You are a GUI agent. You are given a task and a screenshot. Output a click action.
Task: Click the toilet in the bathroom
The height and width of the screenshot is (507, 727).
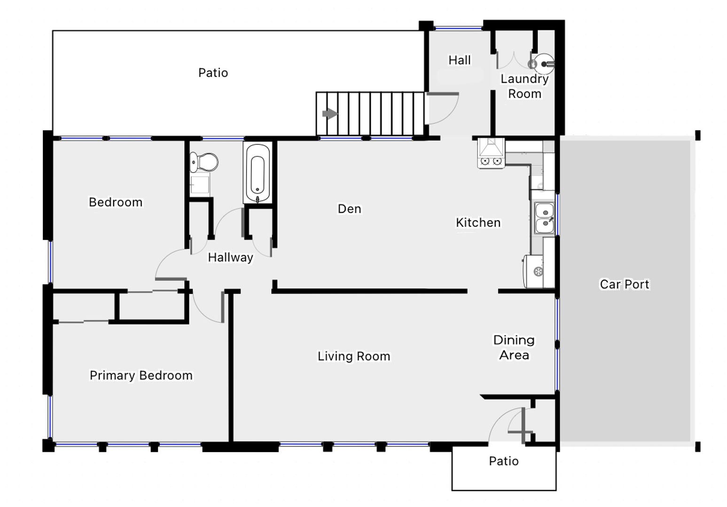pos(204,162)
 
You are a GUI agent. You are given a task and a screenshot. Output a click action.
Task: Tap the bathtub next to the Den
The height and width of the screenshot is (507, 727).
pos(258,173)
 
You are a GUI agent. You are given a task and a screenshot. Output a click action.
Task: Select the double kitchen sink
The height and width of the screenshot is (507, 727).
pos(544,217)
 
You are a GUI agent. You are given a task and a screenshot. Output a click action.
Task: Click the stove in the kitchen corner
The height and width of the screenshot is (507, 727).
pos(491,153)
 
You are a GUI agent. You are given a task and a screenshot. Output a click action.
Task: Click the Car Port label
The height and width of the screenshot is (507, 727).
pos(625,284)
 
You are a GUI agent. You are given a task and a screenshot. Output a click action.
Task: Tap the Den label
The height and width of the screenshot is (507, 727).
pos(349,209)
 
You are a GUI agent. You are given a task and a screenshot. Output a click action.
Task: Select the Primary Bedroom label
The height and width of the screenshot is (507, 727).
pos(141,376)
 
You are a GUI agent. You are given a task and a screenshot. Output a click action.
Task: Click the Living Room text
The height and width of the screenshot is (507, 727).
pos(354,356)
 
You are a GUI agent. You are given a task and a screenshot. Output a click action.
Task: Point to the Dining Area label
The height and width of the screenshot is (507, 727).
pos(514,347)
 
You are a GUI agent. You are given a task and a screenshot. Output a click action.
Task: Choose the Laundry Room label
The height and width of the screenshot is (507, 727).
pos(524,86)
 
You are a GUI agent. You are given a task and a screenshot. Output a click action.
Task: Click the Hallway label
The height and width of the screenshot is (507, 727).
pos(230,258)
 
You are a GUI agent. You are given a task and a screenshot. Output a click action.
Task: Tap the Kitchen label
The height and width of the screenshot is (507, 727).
pos(478,223)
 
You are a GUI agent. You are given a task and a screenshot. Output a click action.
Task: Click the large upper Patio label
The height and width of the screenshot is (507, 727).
pos(213,73)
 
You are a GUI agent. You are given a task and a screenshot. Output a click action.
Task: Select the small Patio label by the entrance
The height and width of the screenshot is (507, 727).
pos(504,461)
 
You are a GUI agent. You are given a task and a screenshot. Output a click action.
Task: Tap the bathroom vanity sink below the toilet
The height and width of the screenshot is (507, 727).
pos(200,184)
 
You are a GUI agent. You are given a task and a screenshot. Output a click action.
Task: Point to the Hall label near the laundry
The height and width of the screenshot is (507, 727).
pos(459,60)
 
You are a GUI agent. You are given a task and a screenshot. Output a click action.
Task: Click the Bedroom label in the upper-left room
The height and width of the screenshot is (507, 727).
pos(116,202)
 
